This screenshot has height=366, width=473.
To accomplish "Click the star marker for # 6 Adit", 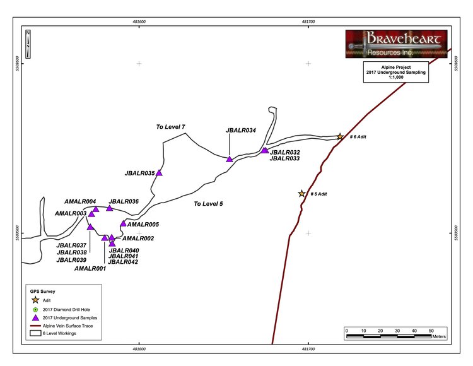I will pos(340,136).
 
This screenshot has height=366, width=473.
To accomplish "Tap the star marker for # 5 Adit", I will pos(301,194).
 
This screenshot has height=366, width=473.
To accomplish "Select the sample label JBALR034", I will pos(240,131).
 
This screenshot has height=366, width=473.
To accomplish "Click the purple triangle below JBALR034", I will pos(230,159).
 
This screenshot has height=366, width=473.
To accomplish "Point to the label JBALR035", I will pos(140,172).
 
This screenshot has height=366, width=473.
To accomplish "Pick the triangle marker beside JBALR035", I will pos(159,172).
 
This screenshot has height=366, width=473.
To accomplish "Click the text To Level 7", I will pos(171,127).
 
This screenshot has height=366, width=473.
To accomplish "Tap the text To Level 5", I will pos(208,204).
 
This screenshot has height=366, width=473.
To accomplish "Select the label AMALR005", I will pos(143,224).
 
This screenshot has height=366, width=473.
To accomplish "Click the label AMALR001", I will pos(90,268).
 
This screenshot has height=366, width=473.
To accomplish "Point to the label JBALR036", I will pos(124,201).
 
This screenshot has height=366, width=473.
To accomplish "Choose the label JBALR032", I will pos(284,152).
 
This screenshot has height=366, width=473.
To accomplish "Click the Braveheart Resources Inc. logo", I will pos(396,44).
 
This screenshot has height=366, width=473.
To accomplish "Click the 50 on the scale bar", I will pos(431,330).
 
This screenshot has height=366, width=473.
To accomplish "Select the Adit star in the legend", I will pos(35,300).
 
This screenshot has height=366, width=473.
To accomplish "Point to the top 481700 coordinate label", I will pos(308,21).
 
